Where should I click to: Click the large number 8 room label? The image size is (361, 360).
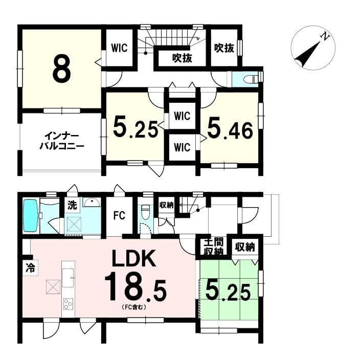[x=62, y=69]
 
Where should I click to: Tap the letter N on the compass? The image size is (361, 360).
[x=326, y=37]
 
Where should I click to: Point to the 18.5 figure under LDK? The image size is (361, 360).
[x=136, y=286]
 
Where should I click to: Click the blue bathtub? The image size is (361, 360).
[x=31, y=216]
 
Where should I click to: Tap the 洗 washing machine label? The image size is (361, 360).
[x=72, y=205]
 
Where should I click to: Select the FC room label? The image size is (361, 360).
[x=119, y=216]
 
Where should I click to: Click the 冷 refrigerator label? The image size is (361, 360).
[x=30, y=267]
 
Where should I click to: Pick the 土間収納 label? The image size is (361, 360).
[x=214, y=247]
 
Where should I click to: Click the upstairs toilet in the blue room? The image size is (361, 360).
[x=250, y=79]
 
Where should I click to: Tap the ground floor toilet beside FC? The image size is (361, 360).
[x=145, y=212]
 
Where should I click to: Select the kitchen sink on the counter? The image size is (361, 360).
[x=68, y=278]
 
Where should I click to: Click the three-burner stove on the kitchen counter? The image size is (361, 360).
[x=68, y=304]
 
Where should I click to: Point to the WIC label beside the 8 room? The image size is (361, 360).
[x=119, y=48]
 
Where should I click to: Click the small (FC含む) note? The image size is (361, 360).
[x=134, y=307]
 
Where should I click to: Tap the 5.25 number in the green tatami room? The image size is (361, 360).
[x=228, y=291]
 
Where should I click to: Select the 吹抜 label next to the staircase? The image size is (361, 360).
[x=182, y=58]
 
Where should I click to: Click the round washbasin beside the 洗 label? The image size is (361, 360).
[x=92, y=202]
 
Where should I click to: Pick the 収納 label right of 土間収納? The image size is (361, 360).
[x=245, y=247]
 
